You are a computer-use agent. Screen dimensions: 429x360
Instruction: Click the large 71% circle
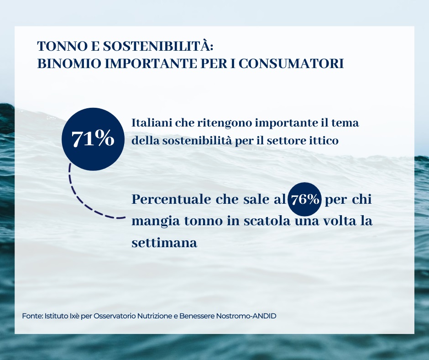point(93,139)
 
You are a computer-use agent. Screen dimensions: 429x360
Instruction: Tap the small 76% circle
point(305,199)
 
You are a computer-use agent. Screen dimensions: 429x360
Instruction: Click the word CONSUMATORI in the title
point(291,64)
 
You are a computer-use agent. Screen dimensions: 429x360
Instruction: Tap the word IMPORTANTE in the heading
point(152,64)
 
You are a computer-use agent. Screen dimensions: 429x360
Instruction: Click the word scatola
point(267,221)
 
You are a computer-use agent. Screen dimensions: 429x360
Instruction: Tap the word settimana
point(164,243)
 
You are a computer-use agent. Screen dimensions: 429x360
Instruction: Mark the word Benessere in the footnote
point(197,316)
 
